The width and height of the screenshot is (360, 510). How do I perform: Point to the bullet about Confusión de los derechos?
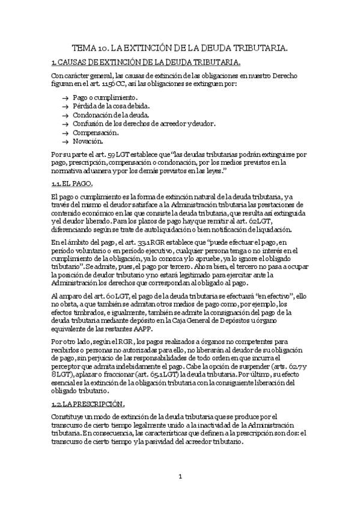click(144, 123)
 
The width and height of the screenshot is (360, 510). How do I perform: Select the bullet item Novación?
click(88, 141)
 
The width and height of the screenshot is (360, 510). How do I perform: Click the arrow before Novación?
click(64, 142)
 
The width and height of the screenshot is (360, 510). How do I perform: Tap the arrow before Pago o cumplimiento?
click(64, 97)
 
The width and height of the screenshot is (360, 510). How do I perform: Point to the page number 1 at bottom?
click(180, 477)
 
